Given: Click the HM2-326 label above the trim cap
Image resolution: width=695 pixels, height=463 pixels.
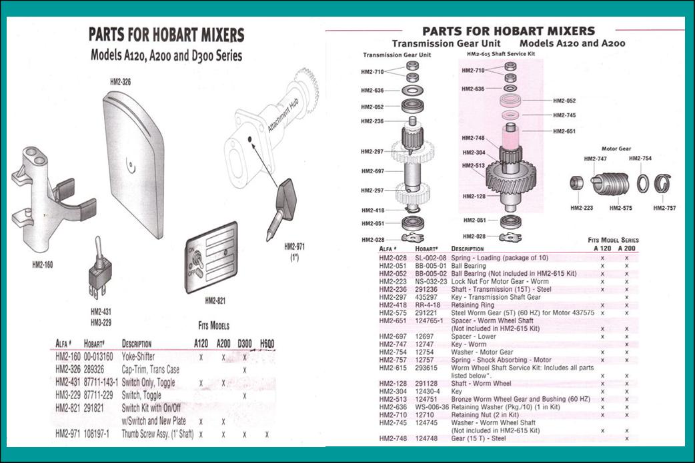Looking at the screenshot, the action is pyautogui.click(x=120, y=82).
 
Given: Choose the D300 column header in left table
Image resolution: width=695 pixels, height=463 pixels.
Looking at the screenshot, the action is pyautogui.click(x=244, y=344).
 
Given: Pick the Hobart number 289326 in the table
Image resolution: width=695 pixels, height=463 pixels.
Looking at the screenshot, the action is pyautogui.click(x=94, y=370).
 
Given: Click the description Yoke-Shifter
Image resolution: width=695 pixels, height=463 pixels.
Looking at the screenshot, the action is pyautogui.click(x=138, y=357).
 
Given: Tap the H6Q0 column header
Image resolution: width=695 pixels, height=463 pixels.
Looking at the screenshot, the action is pyautogui.click(x=267, y=344).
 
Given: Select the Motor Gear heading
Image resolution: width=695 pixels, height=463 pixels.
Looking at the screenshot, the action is pyautogui.click(x=616, y=149).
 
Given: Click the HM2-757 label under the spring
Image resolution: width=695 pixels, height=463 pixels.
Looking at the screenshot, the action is pyautogui.click(x=664, y=208).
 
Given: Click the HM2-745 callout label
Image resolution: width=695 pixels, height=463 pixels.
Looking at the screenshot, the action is pyautogui.click(x=564, y=115).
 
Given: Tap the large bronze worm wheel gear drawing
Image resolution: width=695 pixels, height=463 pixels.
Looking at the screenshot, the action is pyautogui.click(x=512, y=178).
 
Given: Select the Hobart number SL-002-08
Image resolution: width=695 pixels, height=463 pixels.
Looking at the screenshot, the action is pyautogui.click(x=430, y=258).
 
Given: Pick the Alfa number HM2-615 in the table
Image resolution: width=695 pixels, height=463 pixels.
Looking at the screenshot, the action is pyautogui.click(x=393, y=368).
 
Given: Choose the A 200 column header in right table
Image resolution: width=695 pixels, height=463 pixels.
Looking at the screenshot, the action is pyautogui.click(x=627, y=248).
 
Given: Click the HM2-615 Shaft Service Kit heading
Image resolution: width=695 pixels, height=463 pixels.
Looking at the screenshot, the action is pyautogui.click(x=501, y=54).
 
